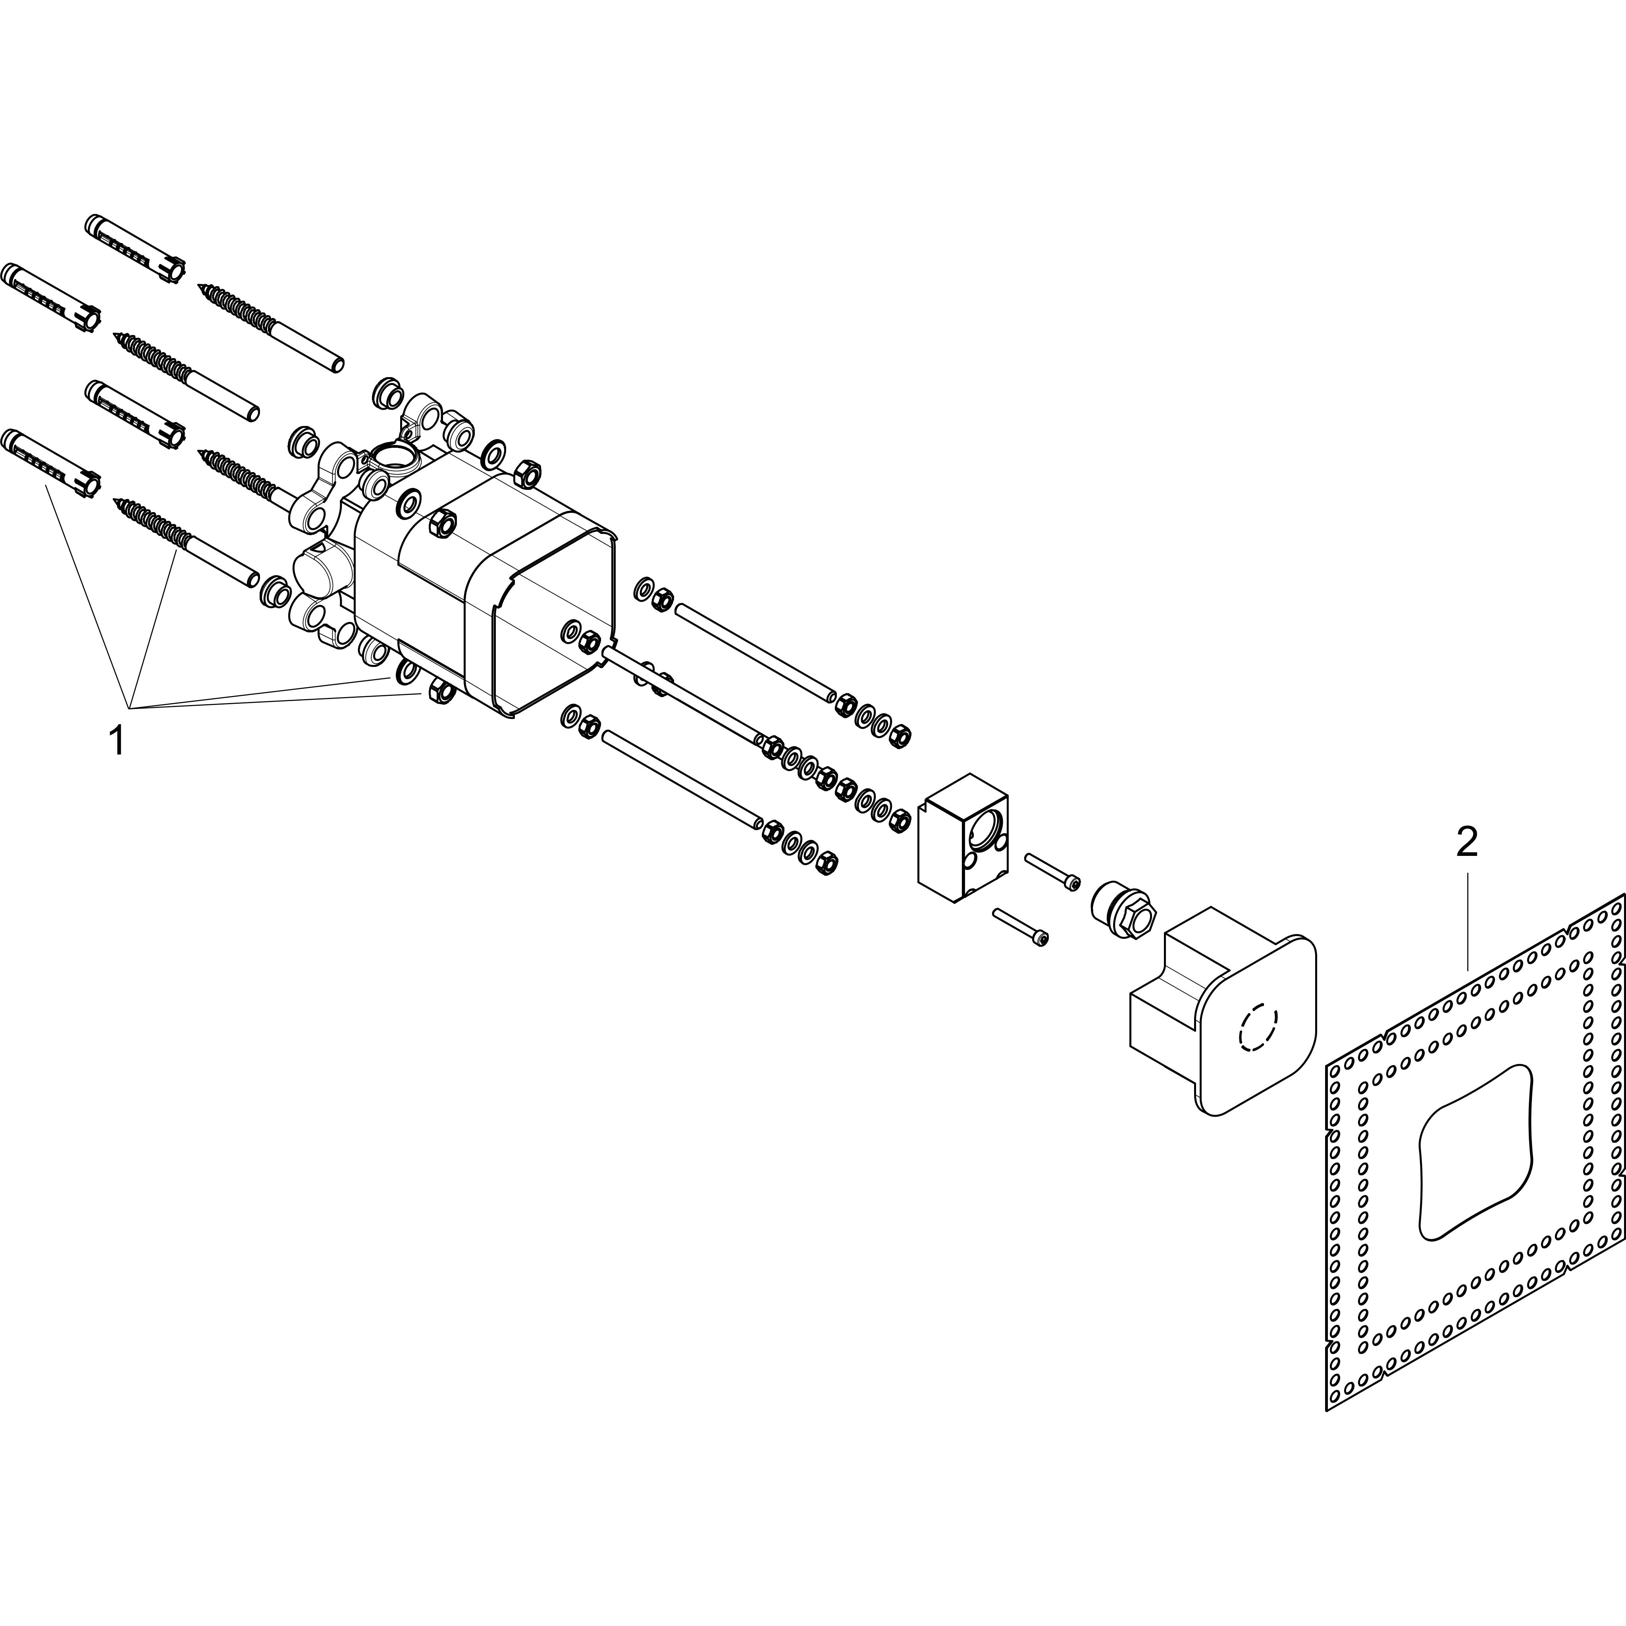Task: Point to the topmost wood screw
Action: [x=269, y=328]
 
